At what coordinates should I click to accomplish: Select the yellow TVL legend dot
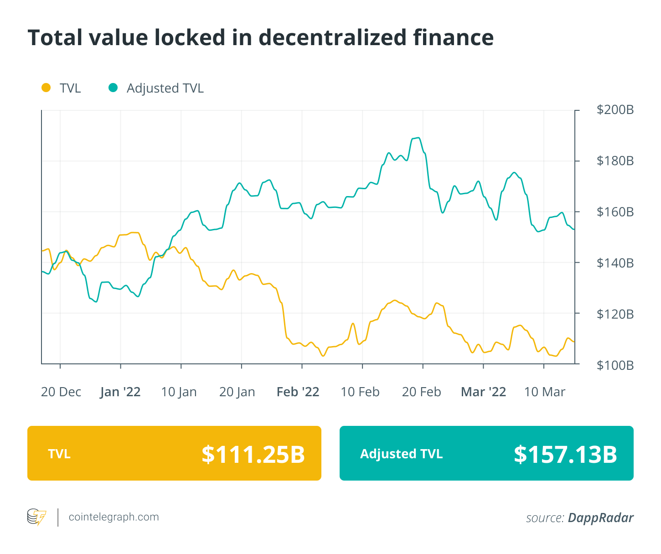click(46, 88)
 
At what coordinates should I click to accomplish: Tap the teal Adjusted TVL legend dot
click(113, 88)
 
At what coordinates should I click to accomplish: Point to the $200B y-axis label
click(615, 110)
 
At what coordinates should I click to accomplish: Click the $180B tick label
click(615, 161)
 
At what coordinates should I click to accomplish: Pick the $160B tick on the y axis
click(615, 212)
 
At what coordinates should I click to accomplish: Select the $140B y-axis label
click(615, 263)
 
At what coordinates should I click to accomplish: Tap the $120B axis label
click(615, 314)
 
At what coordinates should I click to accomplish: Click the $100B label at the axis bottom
click(615, 365)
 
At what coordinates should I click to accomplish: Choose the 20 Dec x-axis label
click(61, 392)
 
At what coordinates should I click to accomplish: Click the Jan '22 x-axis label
click(120, 392)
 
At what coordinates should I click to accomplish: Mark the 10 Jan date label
click(179, 392)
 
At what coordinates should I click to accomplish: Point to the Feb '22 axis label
click(298, 392)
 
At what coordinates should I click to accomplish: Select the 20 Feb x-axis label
click(422, 392)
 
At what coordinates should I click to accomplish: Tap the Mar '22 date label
click(484, 392)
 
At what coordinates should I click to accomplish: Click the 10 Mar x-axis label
click(545, 392)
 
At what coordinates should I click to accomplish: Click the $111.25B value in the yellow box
click(253, 454)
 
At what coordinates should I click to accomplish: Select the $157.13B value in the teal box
click(565, 454)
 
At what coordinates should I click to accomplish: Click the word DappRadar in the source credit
click(600, 518)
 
